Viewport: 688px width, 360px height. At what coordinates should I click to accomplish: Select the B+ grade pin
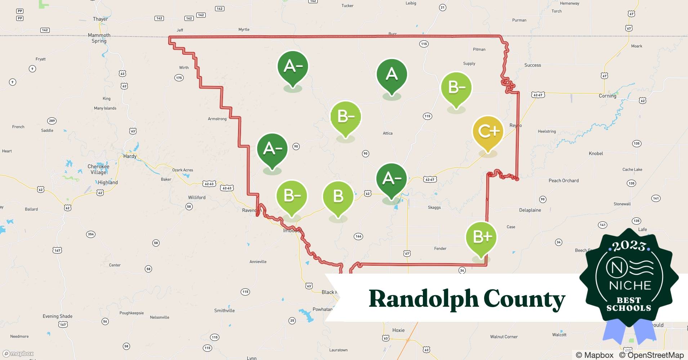pyautogui.click(x=481, y=237)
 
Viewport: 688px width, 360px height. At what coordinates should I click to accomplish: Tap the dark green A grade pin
pyautogui.click(x=392, y=75)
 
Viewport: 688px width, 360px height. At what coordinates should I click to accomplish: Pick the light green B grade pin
pyautogui.click(x=338, y=197)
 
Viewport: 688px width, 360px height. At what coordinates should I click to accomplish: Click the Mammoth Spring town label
pyautogui.click(x=99, y=38)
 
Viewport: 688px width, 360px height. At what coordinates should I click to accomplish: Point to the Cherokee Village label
pyautogui.click(x=98, y=169)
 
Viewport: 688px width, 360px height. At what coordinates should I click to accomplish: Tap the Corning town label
pyautogui.click(x=607, y=96)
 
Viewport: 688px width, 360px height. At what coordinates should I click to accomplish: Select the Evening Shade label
pyautogui.click(x=58, y=316)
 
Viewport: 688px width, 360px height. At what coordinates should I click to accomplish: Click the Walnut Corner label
pyautogui.click(x=504, y=337)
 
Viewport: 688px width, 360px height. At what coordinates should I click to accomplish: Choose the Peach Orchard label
pyautogui.click(x=563, y=180)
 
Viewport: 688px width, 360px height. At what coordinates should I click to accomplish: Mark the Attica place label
pyautogui.click(x=388, y=133)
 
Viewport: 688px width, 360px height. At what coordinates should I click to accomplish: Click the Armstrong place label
pyautogui.click(x=217, y=119)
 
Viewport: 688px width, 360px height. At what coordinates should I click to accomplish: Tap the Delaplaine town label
pyautogui.click(x=530, y=210)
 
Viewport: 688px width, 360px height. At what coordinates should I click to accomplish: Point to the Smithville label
pyautogui.click(x=224, y=310)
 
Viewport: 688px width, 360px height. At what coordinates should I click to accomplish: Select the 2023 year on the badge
pyautogui.click(x=629, y=246)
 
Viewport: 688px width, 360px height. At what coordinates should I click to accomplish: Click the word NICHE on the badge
pyautogui.click(x=630, y=285)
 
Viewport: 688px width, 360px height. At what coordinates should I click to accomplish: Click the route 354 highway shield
pyautogui.click(x=91, y=234)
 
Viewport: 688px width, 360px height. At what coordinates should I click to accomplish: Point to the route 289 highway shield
pyautogui.click(x=52, y=121)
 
